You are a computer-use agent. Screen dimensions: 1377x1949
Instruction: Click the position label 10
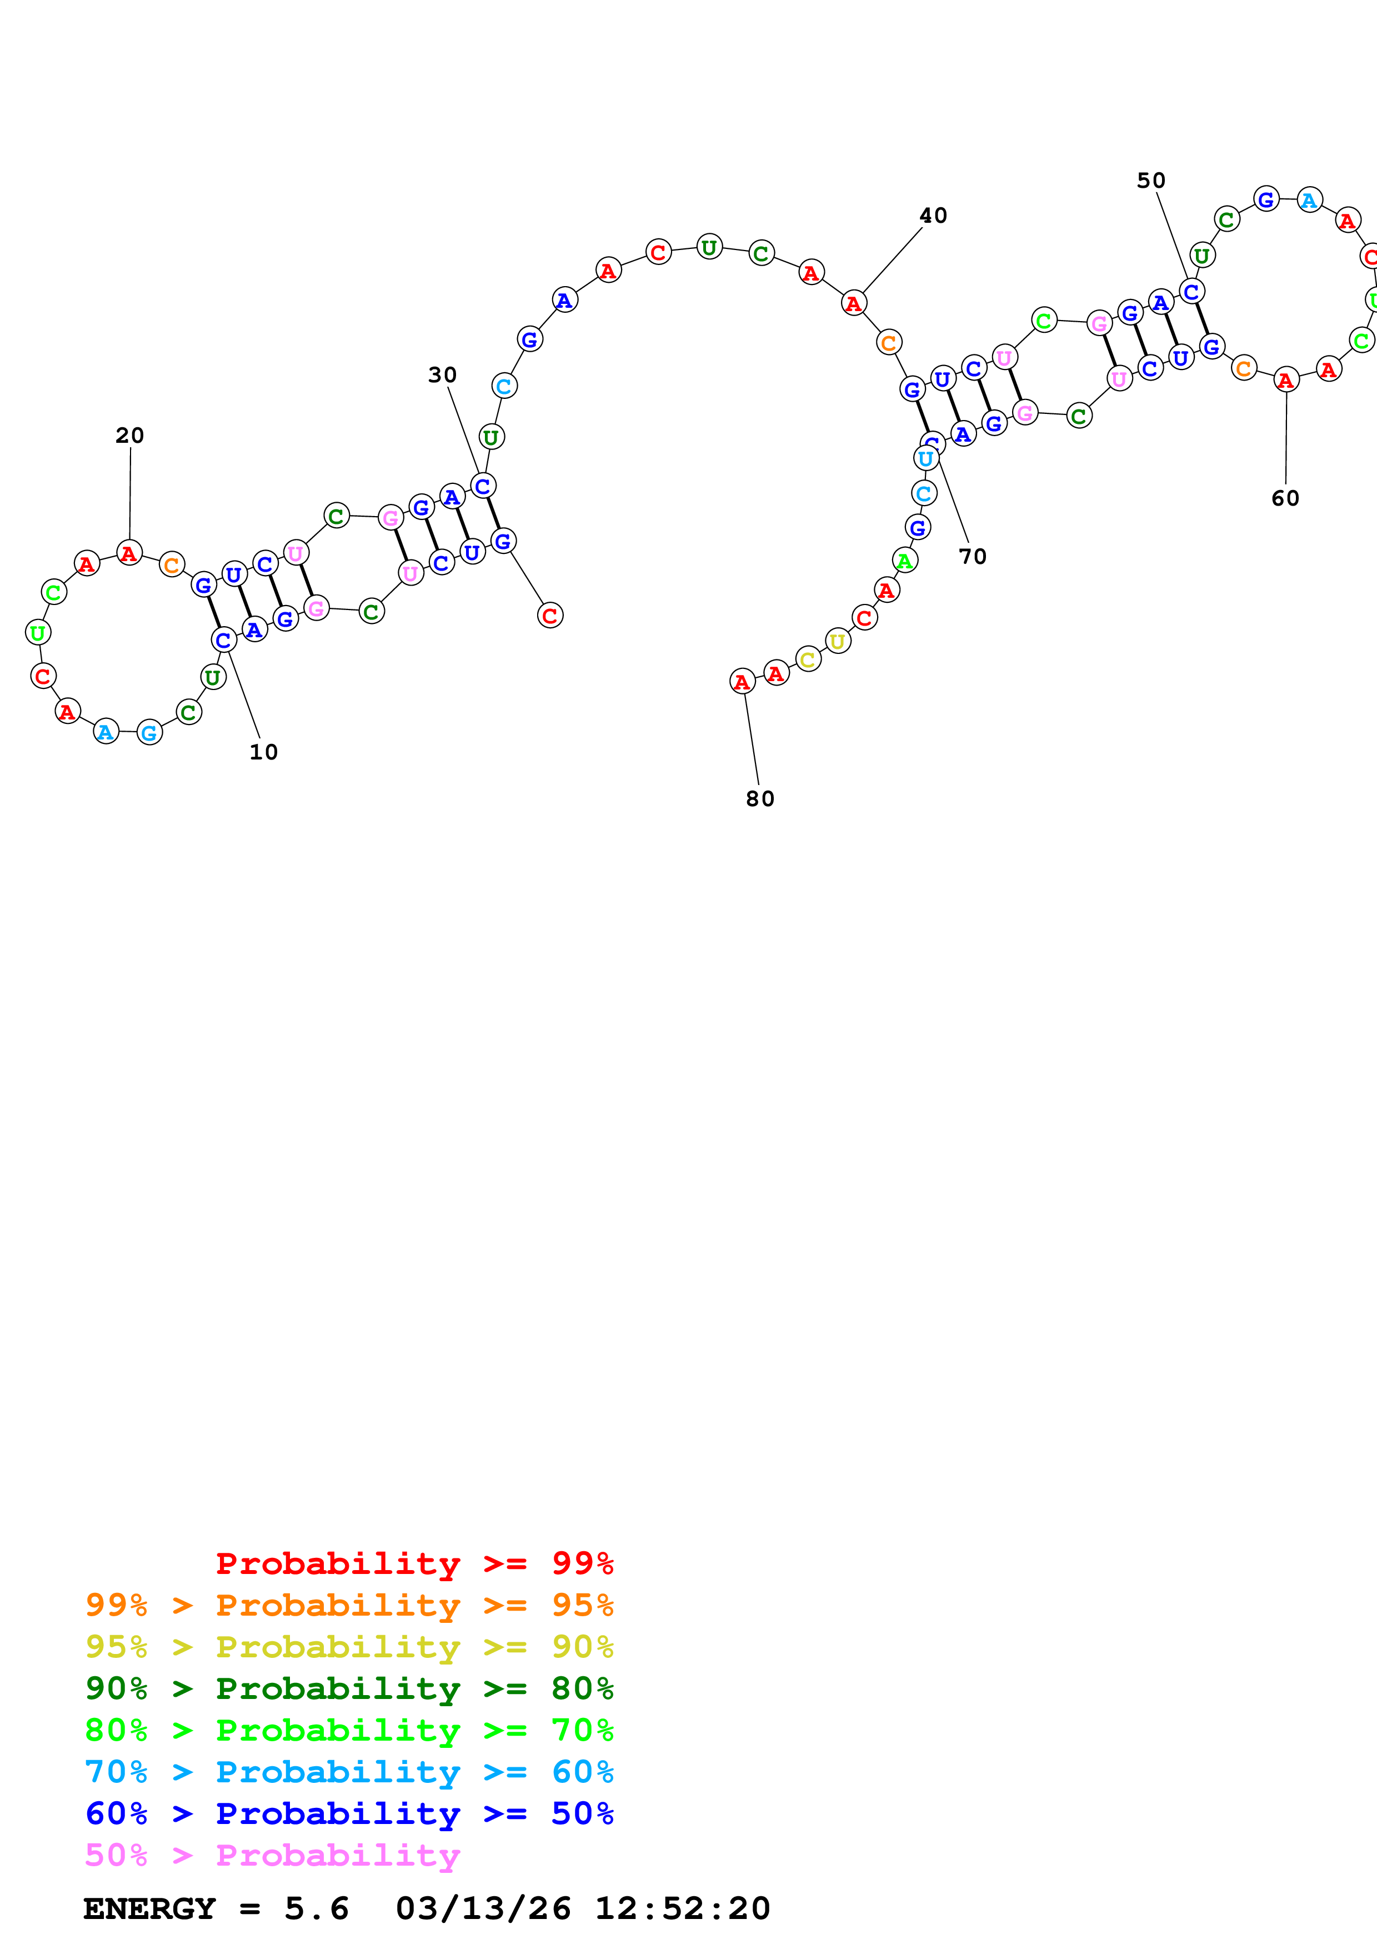pos(263,752)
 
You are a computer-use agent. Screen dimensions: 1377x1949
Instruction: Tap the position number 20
pos(130,436)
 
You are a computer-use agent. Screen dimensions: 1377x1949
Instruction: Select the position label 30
pos(442,375)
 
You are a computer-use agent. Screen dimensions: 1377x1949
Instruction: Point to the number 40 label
pos(933,216)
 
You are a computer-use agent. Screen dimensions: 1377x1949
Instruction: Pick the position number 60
pos(1285,498)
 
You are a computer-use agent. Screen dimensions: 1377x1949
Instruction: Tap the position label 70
pos(972,557)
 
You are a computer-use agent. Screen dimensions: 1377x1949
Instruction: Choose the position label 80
pos(760,799)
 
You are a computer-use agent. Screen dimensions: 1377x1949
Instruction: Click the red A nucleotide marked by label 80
pos(742,682)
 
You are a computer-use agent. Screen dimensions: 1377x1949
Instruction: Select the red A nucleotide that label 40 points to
pos(854,303)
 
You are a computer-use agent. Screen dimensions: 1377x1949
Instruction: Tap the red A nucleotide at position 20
pos(129,553)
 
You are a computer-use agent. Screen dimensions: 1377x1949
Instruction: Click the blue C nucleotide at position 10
pos(224,640)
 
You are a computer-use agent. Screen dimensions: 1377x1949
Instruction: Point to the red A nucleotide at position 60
pos(1286,380)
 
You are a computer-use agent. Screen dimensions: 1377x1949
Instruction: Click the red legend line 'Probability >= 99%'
pos(414,1563)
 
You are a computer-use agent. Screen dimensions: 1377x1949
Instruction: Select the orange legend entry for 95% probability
pos(349,1605)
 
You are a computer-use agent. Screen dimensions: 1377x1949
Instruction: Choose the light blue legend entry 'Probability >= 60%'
pos(349,1772)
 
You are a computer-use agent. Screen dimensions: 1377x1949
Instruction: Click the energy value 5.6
pos(317,1909)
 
